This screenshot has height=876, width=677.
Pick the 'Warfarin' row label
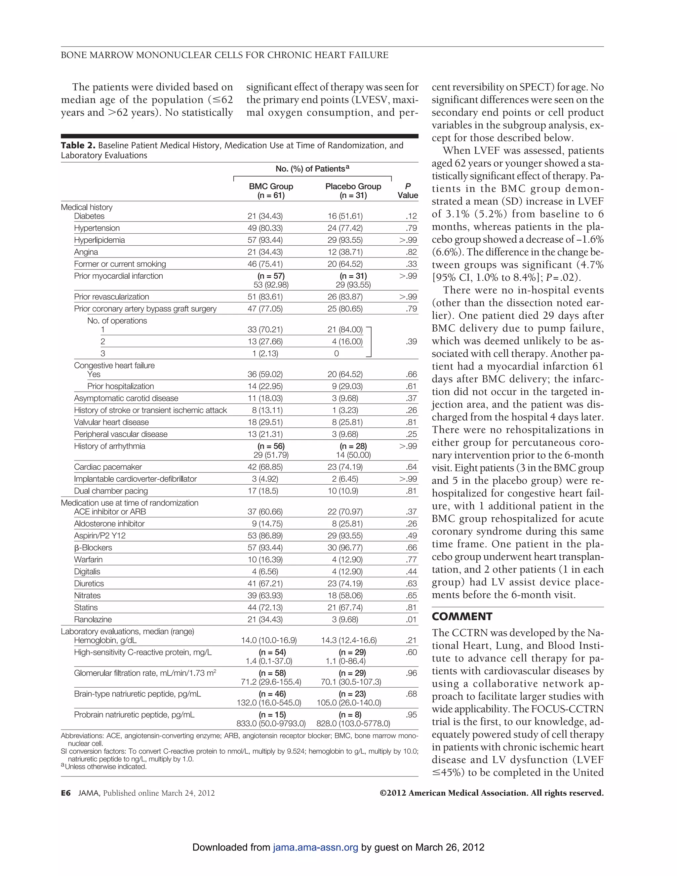tap(88, 560)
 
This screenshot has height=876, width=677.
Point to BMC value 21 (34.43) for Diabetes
tap(265, 216)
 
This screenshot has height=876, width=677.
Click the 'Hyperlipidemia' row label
tap(99, 240)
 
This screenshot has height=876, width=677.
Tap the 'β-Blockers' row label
tap(93, 547)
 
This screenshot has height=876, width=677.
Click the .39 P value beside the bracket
tap(411, 342)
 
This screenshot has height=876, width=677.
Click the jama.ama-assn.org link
tap(315, 847)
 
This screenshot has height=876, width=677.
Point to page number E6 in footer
tap(66, 793)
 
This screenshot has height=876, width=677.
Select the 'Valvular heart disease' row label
tap(111, 422)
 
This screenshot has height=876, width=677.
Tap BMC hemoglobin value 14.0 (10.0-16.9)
tap(269, 640)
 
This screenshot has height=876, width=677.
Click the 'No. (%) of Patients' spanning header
tap(312, 169)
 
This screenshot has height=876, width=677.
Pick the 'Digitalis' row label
tap(87, 572)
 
